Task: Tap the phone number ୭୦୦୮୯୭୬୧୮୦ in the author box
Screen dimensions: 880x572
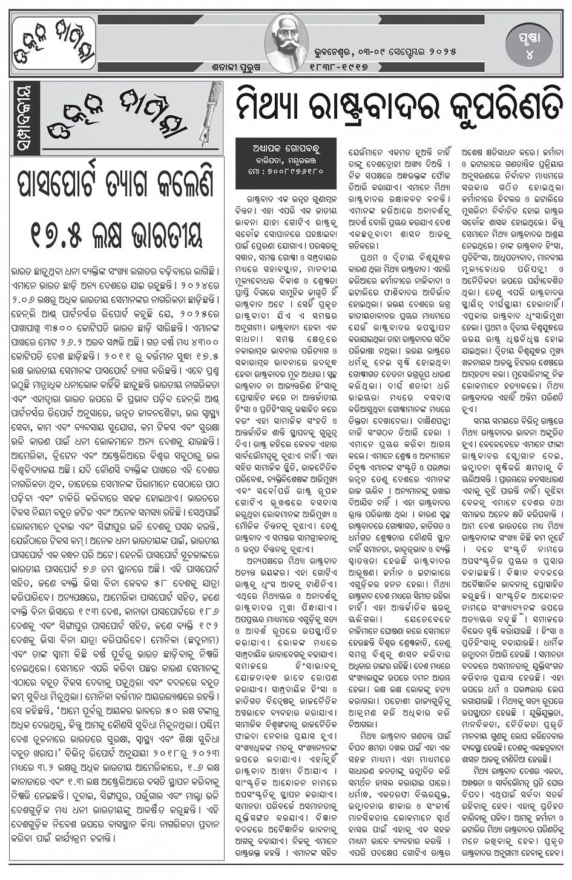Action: (x=291, y=172)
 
